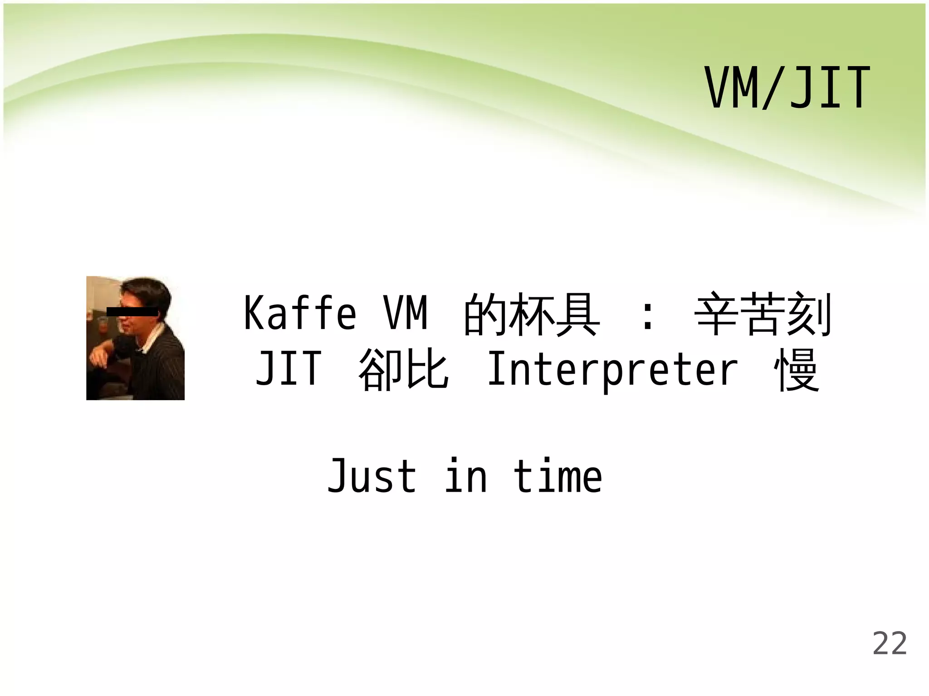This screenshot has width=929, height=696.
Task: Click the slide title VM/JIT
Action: [787, 88]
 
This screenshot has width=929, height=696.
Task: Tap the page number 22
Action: [890, 643]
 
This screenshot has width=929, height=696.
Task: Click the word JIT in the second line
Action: [288, 369]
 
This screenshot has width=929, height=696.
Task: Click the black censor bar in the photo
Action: [132, 311]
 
